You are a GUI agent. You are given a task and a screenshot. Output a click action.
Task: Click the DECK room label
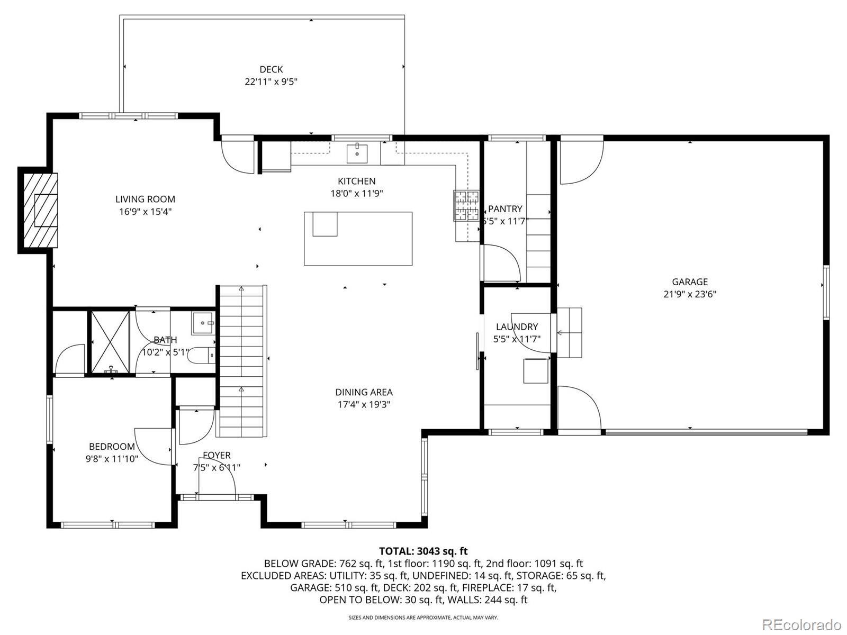(271, 69)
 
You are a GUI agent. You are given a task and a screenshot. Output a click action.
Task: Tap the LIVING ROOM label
(145, 199)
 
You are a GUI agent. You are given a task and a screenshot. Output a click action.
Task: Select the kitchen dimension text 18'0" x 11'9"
(357, 193)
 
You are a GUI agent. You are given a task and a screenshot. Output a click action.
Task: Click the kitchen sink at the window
(357, 153)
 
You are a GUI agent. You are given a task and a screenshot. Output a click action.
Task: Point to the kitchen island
(358, 238)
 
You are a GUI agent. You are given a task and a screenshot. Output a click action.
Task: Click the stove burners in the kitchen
(466, 206)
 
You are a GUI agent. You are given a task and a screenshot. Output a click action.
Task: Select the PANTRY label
(504, 208)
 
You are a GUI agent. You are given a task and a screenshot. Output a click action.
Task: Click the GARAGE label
(690, 282)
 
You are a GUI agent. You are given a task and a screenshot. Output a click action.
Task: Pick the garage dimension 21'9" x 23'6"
(690, 294)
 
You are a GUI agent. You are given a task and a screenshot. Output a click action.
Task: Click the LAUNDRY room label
(517, 326)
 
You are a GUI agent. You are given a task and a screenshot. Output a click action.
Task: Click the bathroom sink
(203, 323)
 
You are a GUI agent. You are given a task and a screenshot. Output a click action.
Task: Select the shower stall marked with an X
(110, 342)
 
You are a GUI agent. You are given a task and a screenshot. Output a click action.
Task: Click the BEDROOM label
(112, 446)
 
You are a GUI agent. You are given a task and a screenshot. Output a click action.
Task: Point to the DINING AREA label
(364, 392)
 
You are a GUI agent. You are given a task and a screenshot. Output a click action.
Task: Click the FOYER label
(217, 455)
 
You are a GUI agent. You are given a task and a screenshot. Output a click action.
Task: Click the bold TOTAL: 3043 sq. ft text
(424, 551)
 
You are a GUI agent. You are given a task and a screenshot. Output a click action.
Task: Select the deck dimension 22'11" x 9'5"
(271, 81)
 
